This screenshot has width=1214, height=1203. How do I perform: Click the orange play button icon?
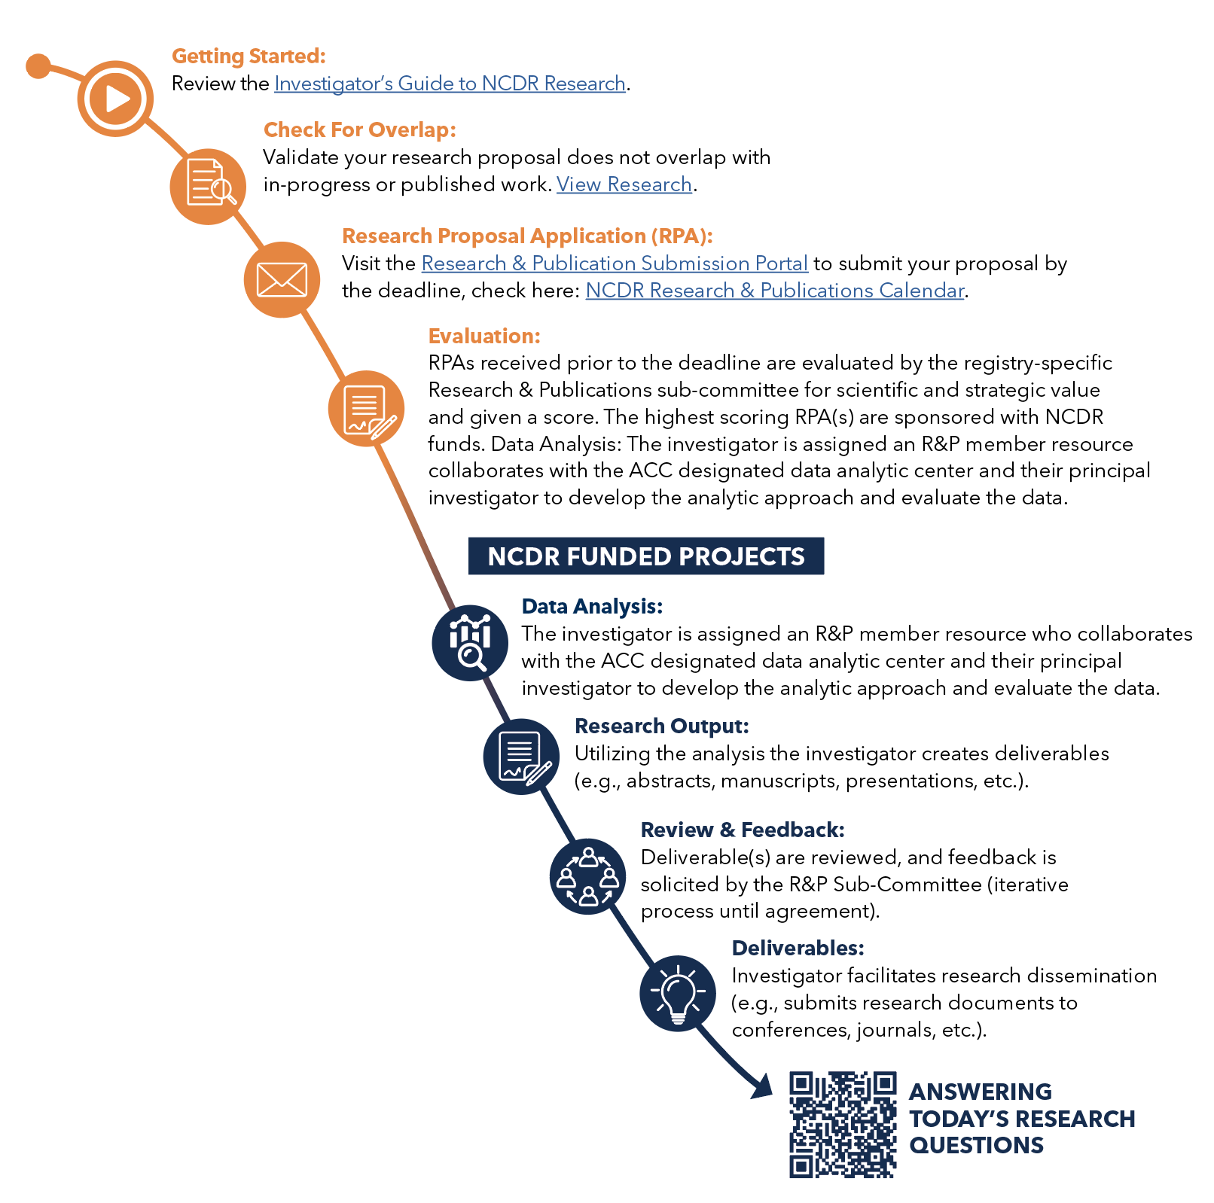click(x=115, y=99)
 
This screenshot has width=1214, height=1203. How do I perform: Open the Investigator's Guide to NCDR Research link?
click(x=450, y=84)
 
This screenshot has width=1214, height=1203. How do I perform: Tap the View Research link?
click(x=624, y=184)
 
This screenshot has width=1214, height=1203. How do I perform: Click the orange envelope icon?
click(x=282, y=280)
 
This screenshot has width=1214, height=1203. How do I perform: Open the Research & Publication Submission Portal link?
click(x=615, y=263)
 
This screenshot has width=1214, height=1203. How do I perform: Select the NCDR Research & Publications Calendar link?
click(x=774, y=291)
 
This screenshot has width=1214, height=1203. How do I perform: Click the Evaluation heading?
click(x=484, y=336)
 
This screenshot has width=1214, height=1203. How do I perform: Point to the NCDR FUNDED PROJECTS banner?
click(x=645, y=556)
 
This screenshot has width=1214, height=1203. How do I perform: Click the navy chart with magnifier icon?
click(x=470, y=643)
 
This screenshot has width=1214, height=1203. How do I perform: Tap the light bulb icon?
click(x=678, y=994)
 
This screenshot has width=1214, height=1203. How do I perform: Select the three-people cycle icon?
click(x=587, y=876)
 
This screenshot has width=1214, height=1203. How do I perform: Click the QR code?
click(x=843, y=1124)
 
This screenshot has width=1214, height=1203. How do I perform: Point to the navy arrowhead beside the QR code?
click(x=763, y=1086)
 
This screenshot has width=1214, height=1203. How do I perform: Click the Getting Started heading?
click(x=249, y=56)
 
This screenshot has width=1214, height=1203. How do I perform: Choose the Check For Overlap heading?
click(x=359, y=130)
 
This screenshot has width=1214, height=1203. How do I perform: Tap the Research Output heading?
click(x=661, y=726)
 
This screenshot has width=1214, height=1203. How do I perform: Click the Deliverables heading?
click(x=798, y=949)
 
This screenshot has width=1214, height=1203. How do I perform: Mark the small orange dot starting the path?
click(x=38, y=66)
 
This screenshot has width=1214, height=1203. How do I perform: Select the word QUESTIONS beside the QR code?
click(x=976, y=1146)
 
